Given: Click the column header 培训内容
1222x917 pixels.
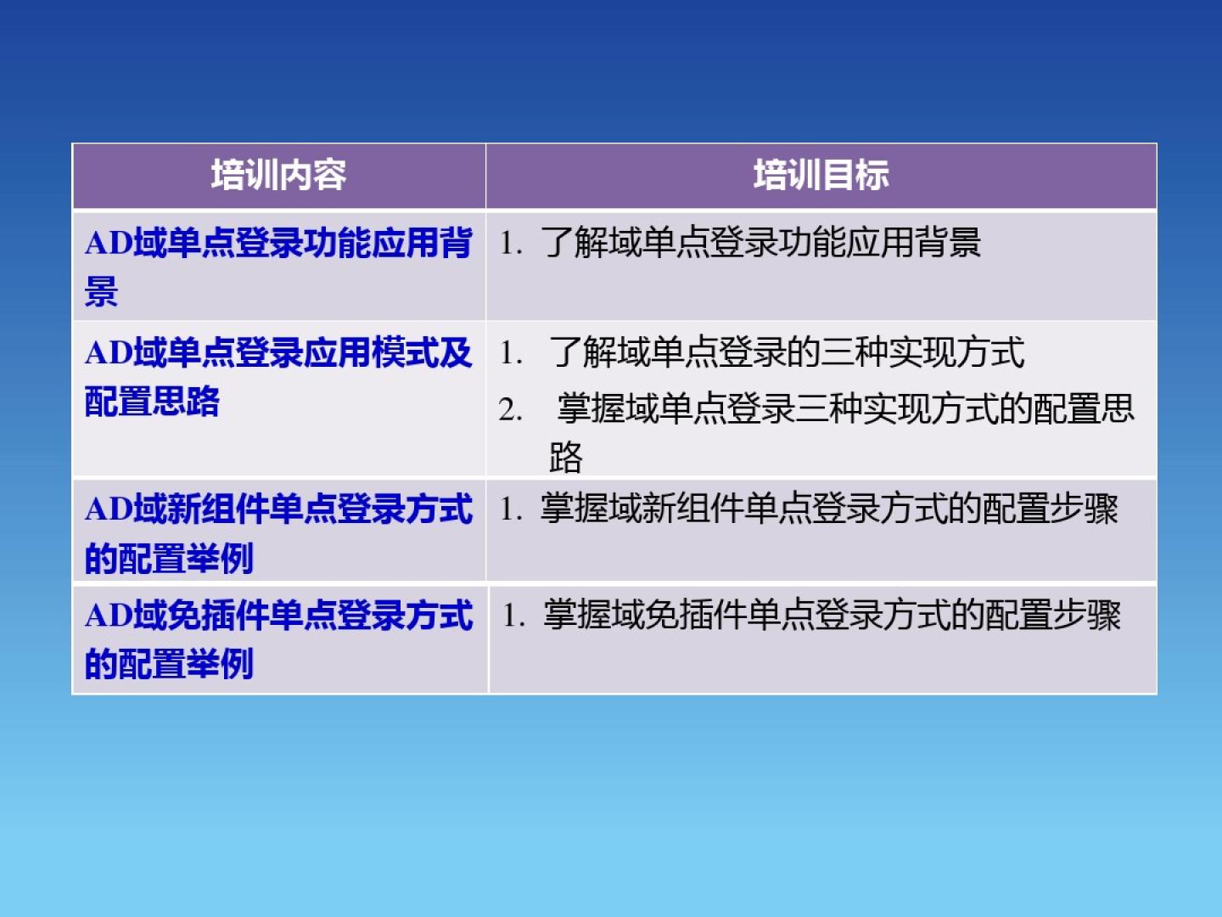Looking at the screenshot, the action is click(x=278, y=176).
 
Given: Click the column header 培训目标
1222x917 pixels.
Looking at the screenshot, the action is click(x=821, y=176).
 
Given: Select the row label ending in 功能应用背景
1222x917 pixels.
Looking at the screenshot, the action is click(x=278, y=267).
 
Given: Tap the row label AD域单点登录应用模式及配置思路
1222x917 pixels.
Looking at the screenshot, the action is click(x=278, y=377).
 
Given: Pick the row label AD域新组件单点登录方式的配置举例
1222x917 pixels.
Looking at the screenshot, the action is click(x=278, y=533).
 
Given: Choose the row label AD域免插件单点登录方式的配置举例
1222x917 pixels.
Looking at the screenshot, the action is click(x=278, y=639).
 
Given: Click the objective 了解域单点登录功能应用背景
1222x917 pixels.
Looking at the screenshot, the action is click(x=760, y=243).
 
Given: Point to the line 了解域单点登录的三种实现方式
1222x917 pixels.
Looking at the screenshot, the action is click(x=786, y=352).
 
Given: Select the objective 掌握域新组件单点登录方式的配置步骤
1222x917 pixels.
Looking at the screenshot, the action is click(x=829, y=509).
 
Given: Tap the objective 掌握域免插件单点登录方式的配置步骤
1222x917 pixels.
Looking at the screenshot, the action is click(x=832, y=616).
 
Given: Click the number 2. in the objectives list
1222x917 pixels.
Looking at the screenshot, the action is click(x=511, y=410).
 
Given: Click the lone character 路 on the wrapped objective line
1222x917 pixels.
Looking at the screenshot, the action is click(x=566, y=458).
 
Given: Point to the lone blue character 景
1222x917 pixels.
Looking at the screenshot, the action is click(x=101, y=291).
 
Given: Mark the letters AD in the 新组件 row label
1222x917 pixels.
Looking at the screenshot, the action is click(x=109, y=509).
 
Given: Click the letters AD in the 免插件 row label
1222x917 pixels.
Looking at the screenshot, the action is click(x=109, y=616).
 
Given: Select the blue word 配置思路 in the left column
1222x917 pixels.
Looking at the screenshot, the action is click(x=153, y=402).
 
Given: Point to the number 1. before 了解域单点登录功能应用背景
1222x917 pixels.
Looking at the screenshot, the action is click(x=511, y=244).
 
